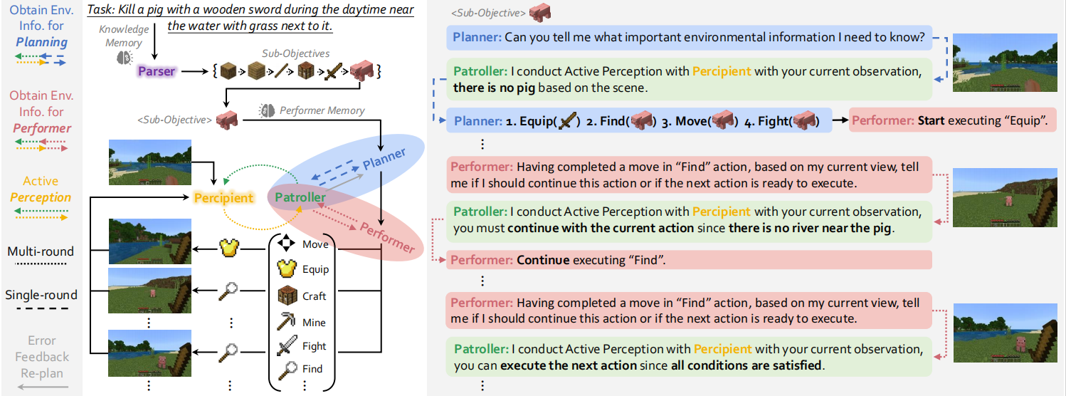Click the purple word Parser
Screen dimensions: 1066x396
(156, 71)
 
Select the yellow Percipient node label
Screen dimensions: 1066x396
(223, 198)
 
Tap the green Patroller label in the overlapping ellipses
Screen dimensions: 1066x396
(300, 197)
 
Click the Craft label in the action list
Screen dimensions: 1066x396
(314, 296)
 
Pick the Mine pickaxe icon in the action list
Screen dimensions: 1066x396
(287, 321)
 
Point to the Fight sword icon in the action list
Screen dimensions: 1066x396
(287, 345)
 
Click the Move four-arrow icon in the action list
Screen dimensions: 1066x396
(286, 243)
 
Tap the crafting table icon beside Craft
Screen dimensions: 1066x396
(287, 296)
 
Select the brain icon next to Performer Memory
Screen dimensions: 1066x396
(266, 110)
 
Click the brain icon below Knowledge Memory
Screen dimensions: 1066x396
(125, 58)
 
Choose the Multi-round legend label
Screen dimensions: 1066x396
(41, 251)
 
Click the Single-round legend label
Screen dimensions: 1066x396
(41, 295)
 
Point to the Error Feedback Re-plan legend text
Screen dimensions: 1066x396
(42, 357)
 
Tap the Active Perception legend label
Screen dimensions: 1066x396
(41, 189)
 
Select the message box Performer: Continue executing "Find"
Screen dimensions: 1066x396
(689, 260)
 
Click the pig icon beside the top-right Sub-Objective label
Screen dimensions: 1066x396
(539, 12)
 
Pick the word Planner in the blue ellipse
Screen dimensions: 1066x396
(384, 159)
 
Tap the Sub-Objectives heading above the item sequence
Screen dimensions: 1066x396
(295, 53)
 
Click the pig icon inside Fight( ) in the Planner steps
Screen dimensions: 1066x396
(804, 120)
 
